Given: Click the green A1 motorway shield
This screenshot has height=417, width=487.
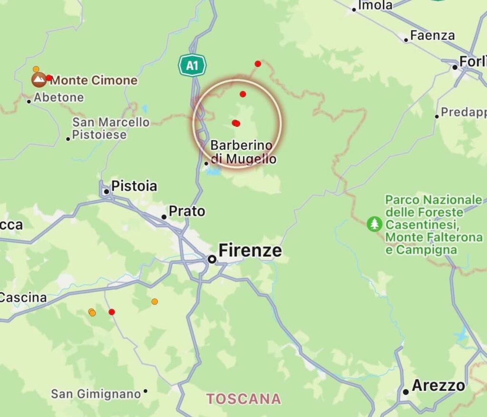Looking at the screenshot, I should pos(192,66).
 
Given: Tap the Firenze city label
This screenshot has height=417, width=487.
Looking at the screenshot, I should pos(250,251).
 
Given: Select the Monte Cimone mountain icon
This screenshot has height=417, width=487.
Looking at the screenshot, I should pos(39,79).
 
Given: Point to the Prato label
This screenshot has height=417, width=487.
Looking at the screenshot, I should pos(187,211).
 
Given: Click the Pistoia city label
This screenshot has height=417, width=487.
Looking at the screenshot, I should pos(134,186).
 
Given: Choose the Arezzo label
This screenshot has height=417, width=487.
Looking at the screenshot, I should pos(438,386).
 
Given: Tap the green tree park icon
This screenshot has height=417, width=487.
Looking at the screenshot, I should pos(375,224).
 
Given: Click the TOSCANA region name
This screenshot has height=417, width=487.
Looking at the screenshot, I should pos(243,398).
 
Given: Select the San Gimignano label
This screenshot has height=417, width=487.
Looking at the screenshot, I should pos(96,394).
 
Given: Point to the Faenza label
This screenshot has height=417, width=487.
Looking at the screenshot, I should pos(432,36).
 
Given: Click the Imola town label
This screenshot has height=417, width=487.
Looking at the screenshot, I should pos(375,6).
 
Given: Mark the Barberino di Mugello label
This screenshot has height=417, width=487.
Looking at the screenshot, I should pos(242,152).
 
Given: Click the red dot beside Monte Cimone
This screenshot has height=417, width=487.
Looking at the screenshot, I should pos(49,78).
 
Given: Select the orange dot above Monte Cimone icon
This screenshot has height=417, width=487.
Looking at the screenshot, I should pos(36,69).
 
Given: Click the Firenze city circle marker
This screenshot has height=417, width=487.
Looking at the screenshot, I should pos(212,259).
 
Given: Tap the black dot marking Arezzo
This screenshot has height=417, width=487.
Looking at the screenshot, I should pos(406,392).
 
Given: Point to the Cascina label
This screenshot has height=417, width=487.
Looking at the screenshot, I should pos(23,298).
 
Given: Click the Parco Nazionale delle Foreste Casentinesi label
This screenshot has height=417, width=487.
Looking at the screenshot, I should pos(434,225).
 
